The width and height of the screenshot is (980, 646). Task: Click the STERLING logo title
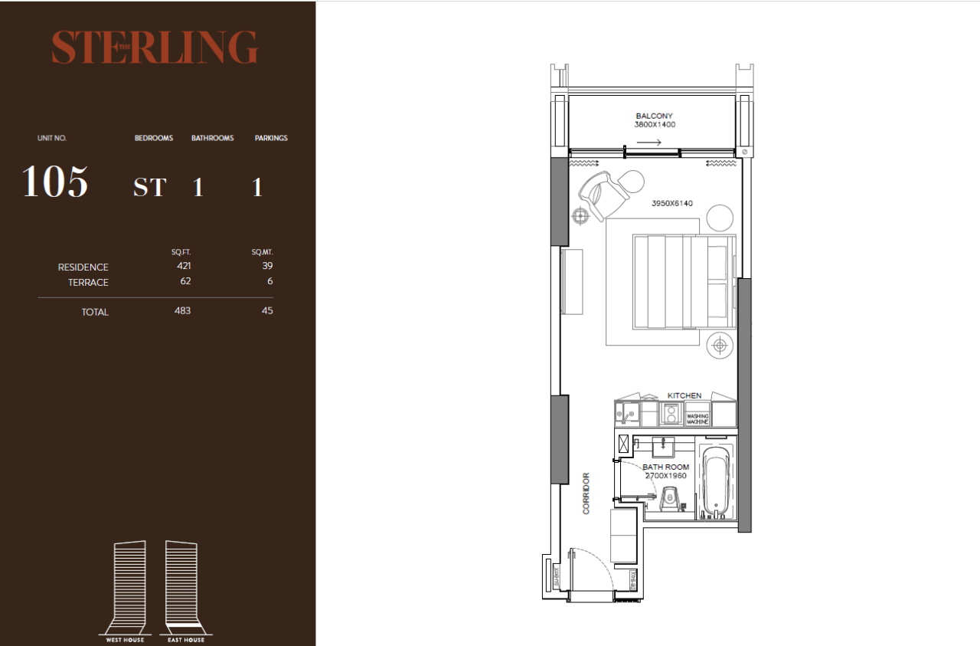[x=155, y=48]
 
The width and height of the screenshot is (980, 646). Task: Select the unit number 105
[x=55, y=182]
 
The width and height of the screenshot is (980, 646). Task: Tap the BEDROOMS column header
[x=154, y=138]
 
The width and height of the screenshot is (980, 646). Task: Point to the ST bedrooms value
[x=149, y=188]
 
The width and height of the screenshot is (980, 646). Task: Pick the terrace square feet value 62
[x=185, y=281]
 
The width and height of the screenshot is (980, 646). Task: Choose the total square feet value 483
[x=182, y=310]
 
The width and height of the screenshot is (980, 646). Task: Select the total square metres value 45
[x=266, y=310]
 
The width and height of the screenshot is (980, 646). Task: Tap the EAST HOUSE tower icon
[x=181, y=587]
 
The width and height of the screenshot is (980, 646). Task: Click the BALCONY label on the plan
[x=654, y=116]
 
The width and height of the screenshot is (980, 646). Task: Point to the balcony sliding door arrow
[x=648, y=143]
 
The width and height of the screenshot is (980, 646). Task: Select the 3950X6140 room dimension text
[x=671, y=204]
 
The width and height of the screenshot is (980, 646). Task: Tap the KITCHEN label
[x=684, y=395]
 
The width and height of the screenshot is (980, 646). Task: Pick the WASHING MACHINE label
[x=697, y=418]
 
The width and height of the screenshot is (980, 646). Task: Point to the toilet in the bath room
[x=671, y=499]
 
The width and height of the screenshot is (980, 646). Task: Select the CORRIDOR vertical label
[x=587, y=493]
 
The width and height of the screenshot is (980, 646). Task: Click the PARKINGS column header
[x=271, y=138]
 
